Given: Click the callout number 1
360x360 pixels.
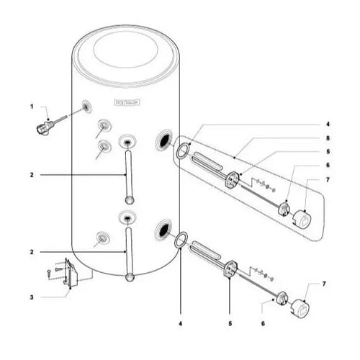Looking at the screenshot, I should point(32,106).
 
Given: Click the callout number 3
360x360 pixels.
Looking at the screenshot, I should point(32,297).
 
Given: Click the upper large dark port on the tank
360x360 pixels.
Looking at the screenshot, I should point(163,140).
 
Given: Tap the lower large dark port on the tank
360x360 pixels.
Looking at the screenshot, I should point(163,230).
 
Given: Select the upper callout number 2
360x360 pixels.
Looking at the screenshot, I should point(32,175).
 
